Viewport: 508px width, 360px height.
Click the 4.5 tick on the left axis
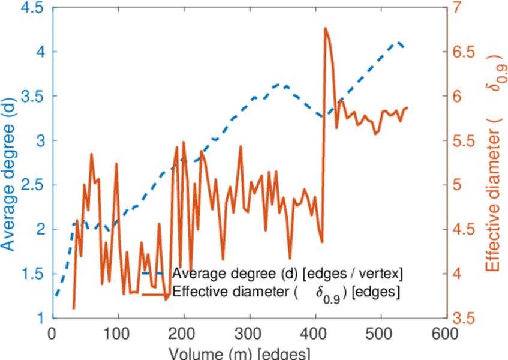pos(32,8)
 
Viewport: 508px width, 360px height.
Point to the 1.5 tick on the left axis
pos(32,274)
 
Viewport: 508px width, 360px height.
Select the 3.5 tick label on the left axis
pos(32,96)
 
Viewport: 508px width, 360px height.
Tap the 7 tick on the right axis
pos(462,8)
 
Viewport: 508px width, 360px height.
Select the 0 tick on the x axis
pos(53,334)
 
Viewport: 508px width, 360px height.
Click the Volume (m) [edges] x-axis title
pos(240,353)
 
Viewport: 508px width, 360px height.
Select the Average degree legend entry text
pos(287,274)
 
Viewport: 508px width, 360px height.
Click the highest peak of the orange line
pos(325,28)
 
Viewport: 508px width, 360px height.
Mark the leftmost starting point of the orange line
pos(73,308)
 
